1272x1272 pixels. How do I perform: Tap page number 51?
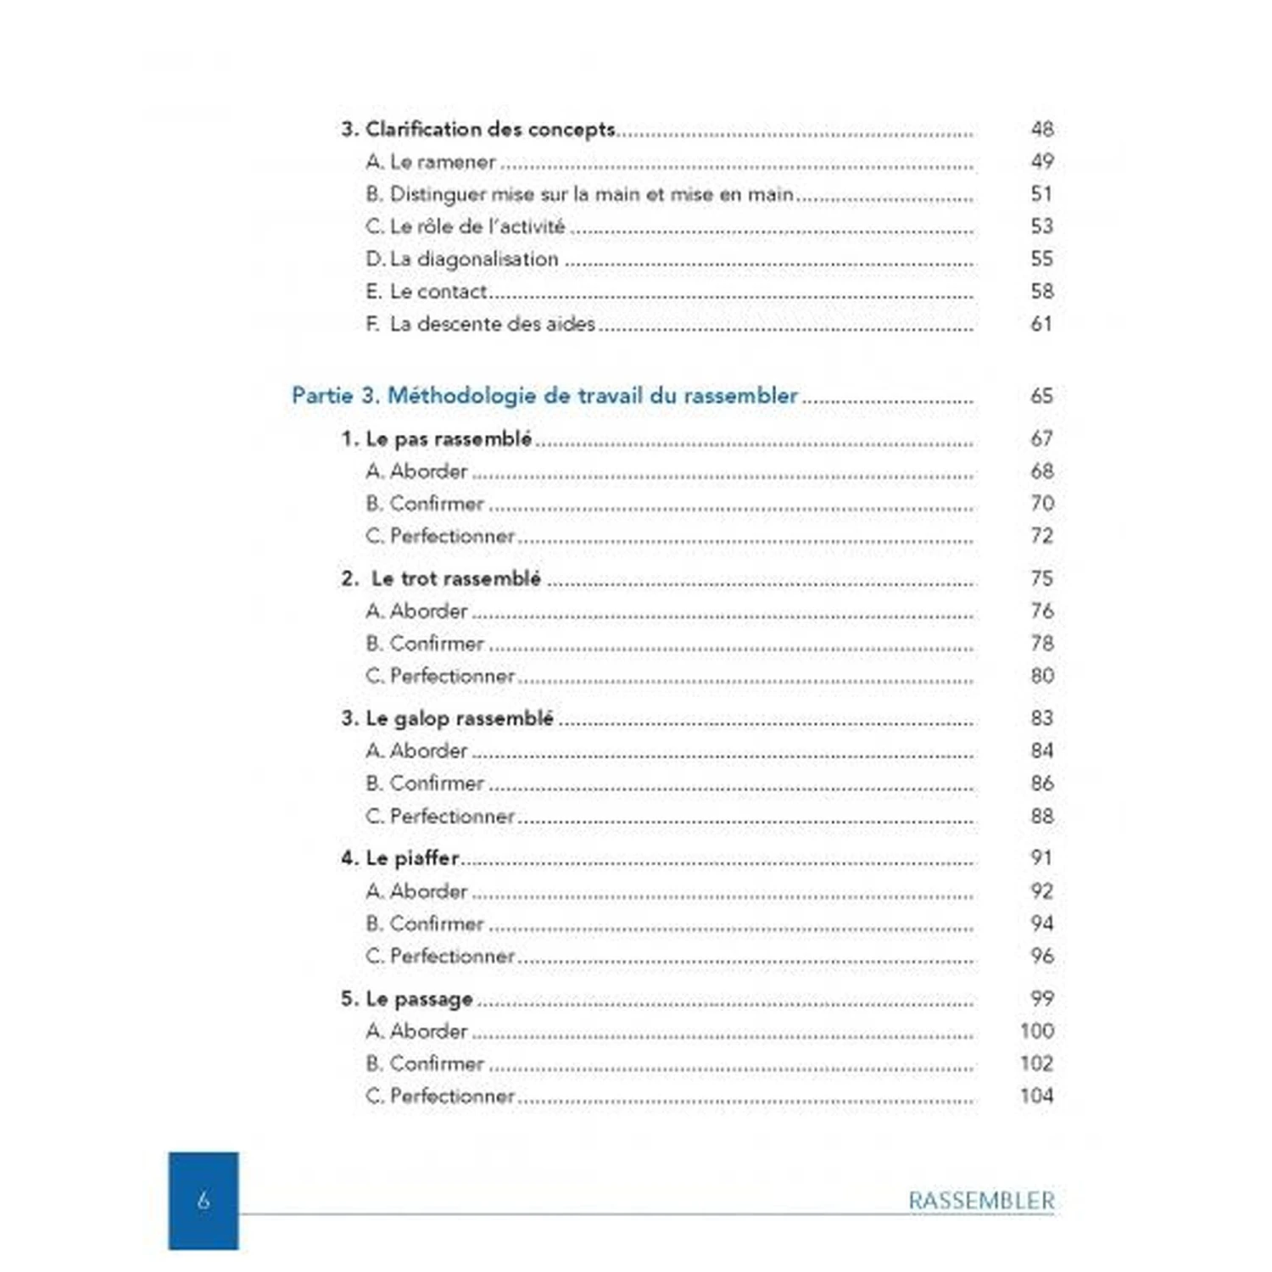(x=1041, y=194)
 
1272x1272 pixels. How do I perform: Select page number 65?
(x=1041, y=396)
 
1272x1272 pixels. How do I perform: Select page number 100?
(x=1036, y=1031)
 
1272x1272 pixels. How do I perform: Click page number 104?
(x=1036, y=1096)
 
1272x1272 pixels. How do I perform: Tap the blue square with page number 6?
(x=204, y=1200)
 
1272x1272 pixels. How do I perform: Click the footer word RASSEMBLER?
(x=981, y=1201)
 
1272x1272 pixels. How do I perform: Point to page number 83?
(x=1041, y=718)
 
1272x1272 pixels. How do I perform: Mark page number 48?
(x=1041, y=130)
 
